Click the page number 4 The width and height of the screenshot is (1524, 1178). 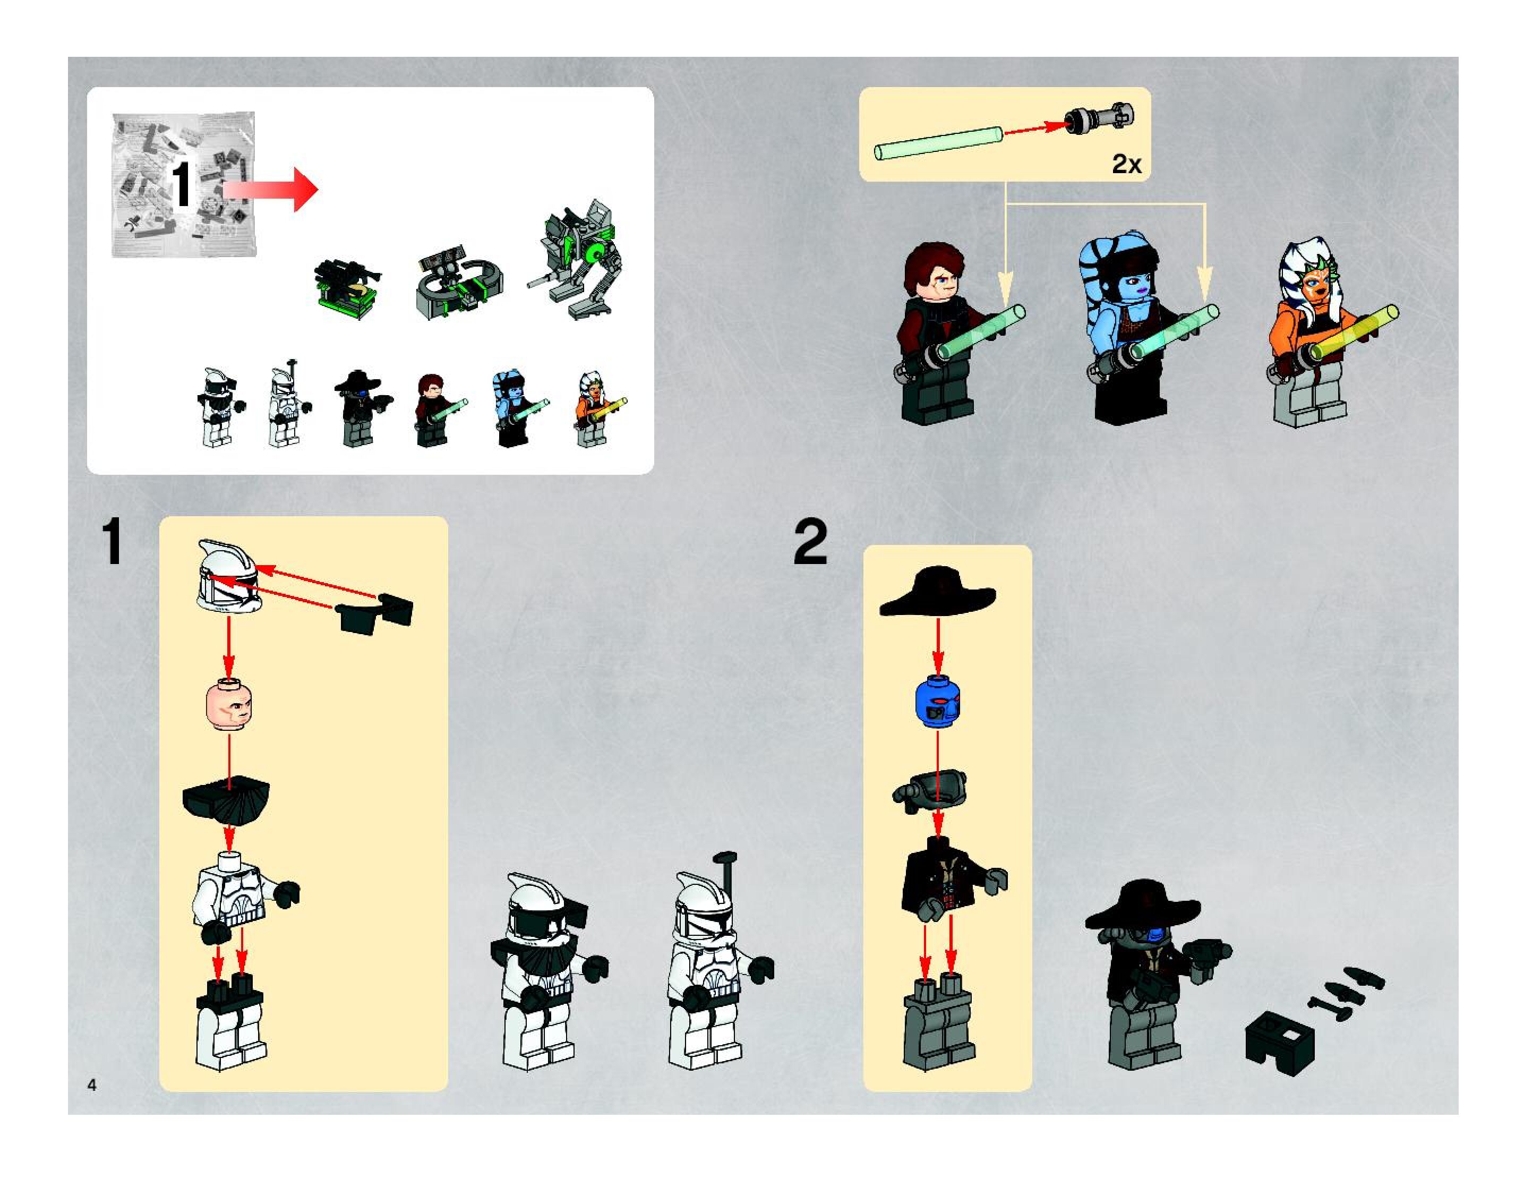(91, 1085)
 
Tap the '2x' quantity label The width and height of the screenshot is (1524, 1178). (1126, 164)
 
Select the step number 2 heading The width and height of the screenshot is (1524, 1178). (810, 542)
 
